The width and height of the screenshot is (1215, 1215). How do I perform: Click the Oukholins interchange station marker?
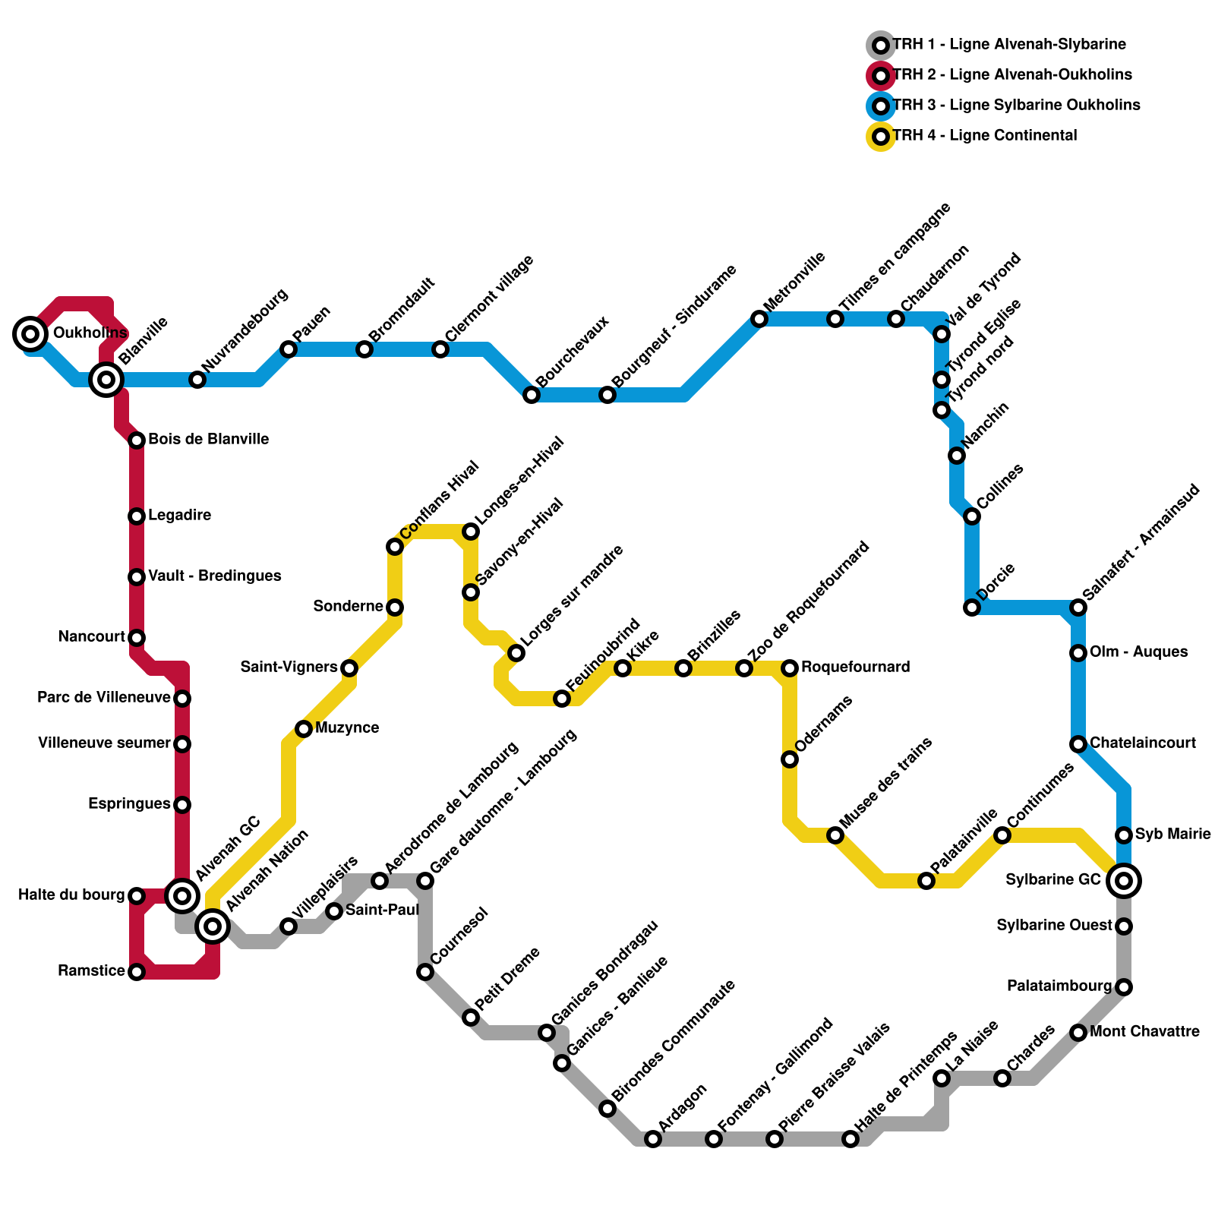coord(30,333)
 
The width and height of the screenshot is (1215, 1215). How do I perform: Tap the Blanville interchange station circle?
coord(106,379)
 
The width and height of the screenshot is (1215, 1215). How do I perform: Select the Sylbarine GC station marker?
coord(1124,881)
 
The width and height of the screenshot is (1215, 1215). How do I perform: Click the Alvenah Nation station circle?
coord(213,926)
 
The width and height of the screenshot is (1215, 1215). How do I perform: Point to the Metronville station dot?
coord(759,319)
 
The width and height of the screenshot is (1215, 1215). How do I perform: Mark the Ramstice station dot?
coord(137,972)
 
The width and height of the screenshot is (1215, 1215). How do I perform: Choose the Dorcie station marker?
coord(972,607)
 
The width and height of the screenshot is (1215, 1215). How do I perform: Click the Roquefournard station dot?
coord(790,668)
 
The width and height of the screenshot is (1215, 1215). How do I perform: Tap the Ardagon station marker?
coord(653,1139)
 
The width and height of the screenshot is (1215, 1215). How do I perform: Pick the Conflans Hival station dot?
coord(395,547)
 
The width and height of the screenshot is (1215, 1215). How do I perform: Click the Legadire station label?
coord(179,516)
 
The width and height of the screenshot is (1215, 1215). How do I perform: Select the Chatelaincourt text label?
coord(1143,743)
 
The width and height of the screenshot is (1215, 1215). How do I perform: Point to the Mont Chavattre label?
coord(1144,1031)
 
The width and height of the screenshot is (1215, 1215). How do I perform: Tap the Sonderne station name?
coord(348,606)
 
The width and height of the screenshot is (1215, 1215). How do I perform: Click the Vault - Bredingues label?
coord(214,576)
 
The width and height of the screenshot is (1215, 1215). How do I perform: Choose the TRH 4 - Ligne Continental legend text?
coord(985,136)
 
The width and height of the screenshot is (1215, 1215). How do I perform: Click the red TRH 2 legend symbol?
coord(881,75)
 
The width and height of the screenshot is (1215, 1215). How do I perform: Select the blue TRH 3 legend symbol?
coord(881,106)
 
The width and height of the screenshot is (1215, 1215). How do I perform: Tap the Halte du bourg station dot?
coord(137,896)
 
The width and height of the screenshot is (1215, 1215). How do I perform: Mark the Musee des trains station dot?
coord(835,835)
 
